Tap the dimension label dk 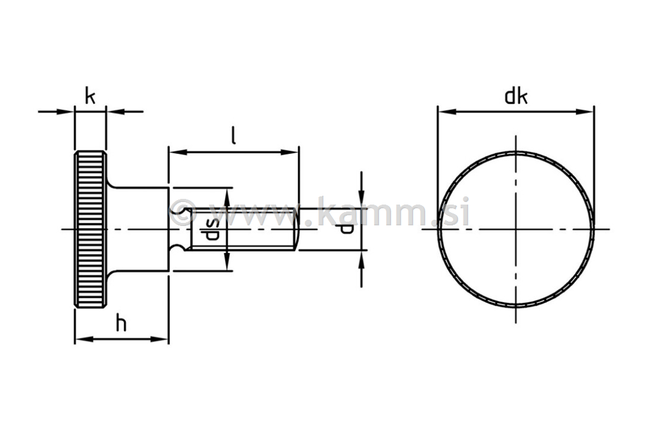(x=516, y=97)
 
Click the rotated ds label (x=213, y=229)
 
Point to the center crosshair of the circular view (x=516, y=229)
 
